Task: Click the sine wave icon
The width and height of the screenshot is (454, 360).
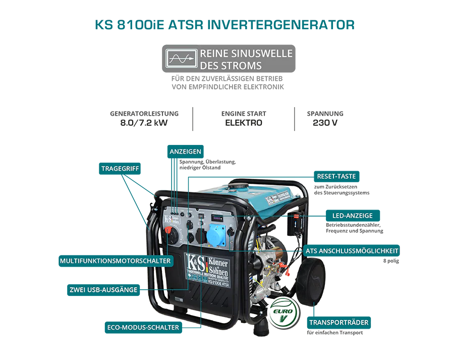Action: pos(180,59)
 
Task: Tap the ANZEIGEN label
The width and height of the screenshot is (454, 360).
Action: pos(185,151)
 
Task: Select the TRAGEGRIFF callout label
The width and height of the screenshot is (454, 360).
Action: pos(120,169)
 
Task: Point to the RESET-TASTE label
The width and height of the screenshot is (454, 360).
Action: pos(336,176)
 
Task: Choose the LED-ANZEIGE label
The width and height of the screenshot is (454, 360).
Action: pos(352,216)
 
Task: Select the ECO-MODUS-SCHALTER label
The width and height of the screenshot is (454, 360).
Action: pos(143,327)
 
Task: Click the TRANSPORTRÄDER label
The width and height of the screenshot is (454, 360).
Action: pos(338,322)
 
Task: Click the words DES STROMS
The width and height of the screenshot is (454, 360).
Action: pos(231,66)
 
